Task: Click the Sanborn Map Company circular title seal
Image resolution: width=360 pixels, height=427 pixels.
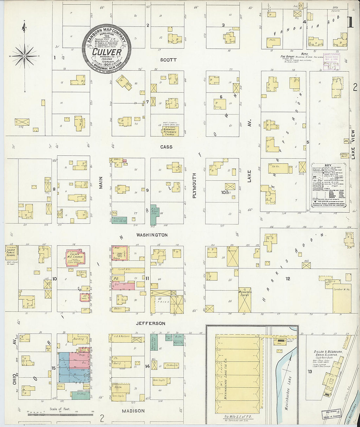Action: click(x=107, y=48)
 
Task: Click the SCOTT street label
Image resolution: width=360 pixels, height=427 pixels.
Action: click(x=169, y=60)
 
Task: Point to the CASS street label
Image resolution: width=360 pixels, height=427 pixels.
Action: click(x=166, y=147)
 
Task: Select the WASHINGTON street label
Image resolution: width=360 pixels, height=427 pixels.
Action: click(x=152, y=235)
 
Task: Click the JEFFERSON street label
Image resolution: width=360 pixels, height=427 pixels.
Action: click(x=151, y=323)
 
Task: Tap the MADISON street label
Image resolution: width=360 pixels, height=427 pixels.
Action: click(x=133, y=411)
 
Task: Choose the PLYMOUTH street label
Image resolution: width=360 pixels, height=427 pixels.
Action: click(x=194, y=186)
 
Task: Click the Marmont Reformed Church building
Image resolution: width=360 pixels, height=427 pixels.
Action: click(x=170, y=131)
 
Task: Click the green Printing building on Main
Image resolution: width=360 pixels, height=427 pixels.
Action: click(x=119, y=220)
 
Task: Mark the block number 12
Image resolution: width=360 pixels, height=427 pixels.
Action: click(x=288, y=279)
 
